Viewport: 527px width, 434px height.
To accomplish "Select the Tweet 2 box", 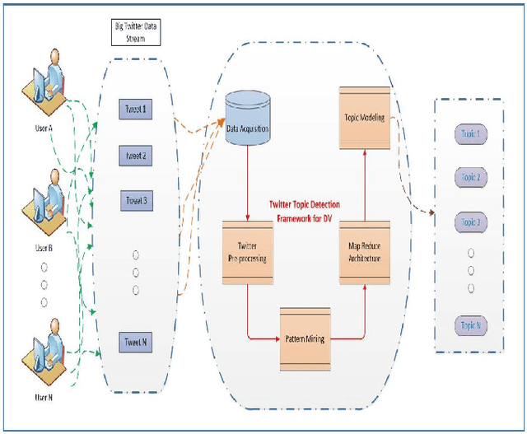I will tap(136, 155).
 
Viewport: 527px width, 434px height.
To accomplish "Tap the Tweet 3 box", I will tap(136, 200).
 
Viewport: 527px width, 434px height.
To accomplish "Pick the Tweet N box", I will tap(136, 342).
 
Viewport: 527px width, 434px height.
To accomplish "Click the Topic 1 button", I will tap(471, 133).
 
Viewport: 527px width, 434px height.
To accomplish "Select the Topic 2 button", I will tap(471, 177).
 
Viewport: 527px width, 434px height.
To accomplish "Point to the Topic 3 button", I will tap(471, 222).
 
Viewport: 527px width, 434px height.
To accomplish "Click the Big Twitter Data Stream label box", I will tap(136, 32).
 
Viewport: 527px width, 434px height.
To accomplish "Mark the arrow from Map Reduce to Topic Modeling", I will tap(363, 184).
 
